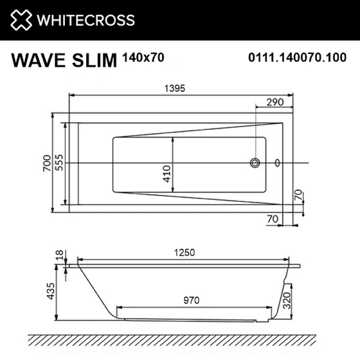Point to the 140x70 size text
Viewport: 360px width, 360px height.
click(142, 58)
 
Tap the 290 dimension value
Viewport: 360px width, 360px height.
click(274, 103)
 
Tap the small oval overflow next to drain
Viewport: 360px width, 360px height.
click(277, 163)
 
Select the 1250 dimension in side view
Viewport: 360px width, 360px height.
click(184, 253)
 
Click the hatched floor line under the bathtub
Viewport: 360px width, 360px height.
click(180, 340)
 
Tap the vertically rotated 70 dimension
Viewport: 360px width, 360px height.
click(298, 196)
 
